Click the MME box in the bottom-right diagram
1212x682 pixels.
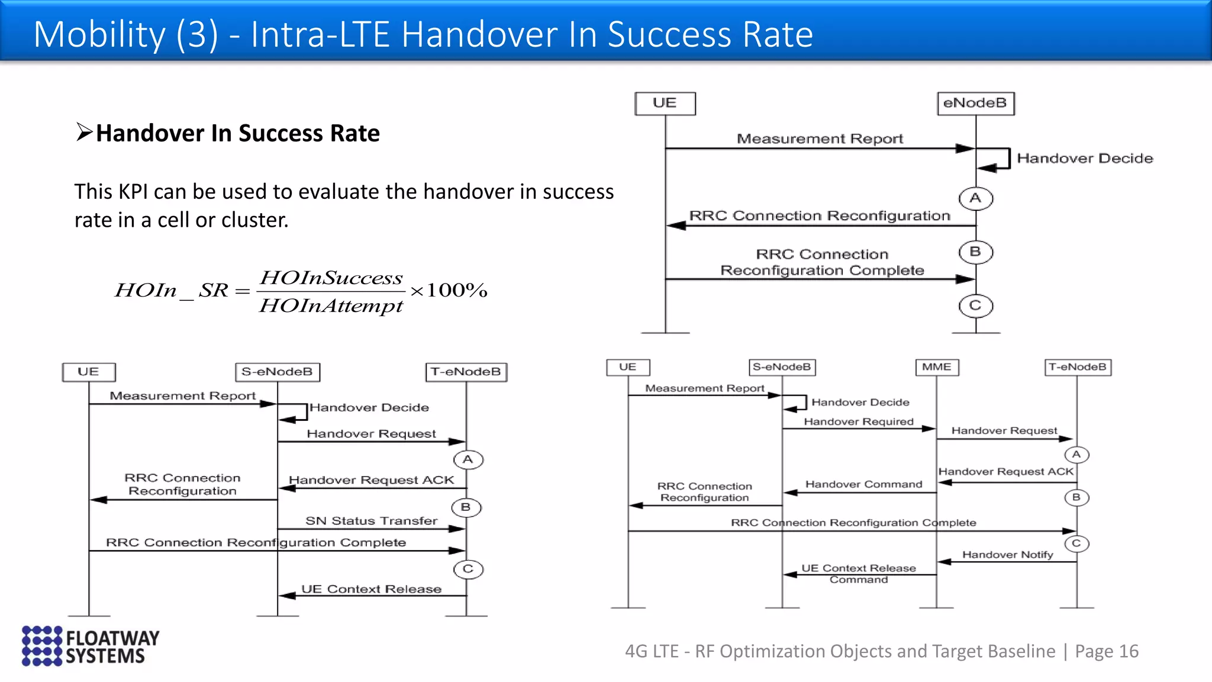pos(936,367)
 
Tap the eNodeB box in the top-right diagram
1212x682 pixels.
pos(975,103)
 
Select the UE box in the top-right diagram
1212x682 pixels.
pos(665,103)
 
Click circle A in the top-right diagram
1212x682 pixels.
pos(975,198)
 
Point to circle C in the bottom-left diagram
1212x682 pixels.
pos(468,569)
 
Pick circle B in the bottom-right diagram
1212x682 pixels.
pos(1076,497)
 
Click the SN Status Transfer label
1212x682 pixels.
pos(371,521)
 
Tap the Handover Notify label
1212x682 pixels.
pos(1007,555)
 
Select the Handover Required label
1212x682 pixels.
pos(858,422)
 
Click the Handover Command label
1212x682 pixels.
pos(863,484)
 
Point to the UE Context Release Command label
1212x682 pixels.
pos(858,573)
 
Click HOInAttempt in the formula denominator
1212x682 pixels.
pos(331,305)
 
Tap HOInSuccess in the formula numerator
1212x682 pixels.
pos(331,278)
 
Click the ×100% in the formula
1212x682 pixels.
pos(449,290)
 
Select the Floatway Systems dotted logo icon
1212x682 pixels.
pos(41,645)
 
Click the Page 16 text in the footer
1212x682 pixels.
pos(1106,651)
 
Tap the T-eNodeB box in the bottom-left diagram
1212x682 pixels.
pos(466,372)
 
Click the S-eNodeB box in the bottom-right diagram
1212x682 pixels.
pos(781,367)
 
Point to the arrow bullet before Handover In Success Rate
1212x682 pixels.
pos(85,132)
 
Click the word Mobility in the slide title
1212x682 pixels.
pos(99,34)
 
